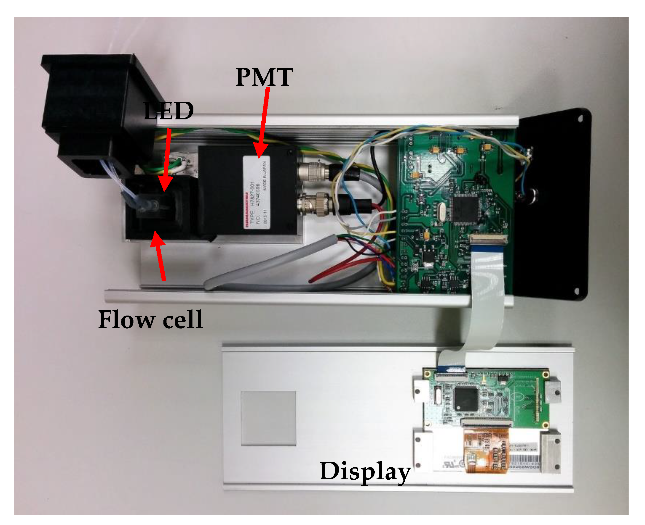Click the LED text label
169,111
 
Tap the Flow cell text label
150,320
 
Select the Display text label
365,471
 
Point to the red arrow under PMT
263,123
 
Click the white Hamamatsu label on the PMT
256,192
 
